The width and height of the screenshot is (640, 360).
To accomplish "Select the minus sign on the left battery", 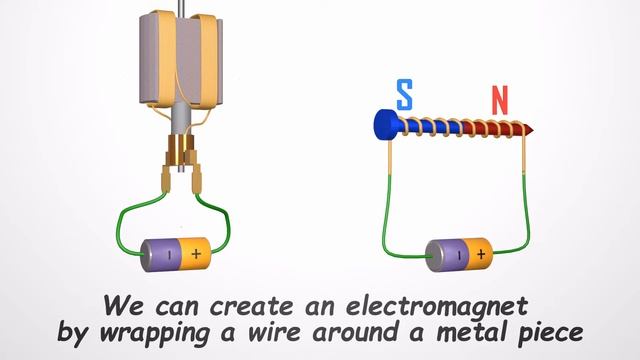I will click(x=169, y=253).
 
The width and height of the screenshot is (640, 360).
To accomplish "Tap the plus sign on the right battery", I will click(x=481, y=254).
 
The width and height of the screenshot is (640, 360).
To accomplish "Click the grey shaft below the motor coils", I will click(x=180, y=121).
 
